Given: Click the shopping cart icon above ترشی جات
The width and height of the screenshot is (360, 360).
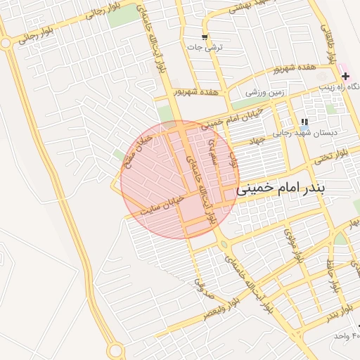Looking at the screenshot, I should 205,37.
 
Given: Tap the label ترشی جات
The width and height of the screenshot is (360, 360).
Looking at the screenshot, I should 205,48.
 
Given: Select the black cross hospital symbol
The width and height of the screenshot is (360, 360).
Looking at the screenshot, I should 346,75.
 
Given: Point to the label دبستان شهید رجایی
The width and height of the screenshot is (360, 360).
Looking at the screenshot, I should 305,132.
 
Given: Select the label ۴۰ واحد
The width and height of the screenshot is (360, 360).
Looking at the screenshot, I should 347,336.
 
